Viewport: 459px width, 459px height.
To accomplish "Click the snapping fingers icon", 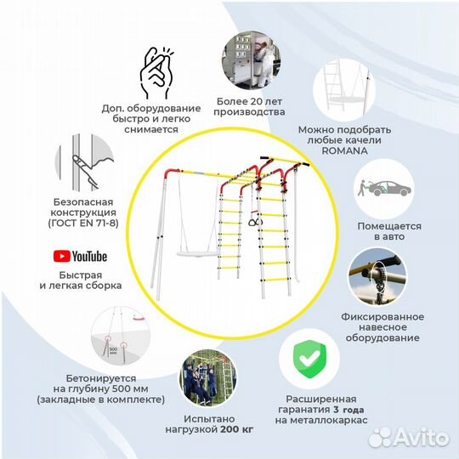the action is point(156,73).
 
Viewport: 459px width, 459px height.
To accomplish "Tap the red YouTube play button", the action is point(62,256).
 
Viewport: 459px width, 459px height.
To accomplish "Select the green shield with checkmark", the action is point(309,359).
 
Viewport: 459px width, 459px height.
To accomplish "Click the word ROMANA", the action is point(344,150).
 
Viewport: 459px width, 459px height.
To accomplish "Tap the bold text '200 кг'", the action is point(236,429).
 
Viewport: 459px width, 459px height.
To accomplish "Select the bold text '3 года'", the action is point(348,410).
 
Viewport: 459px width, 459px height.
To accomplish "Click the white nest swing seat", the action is point(198,254).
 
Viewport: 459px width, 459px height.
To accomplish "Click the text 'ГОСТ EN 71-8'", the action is point(83,223).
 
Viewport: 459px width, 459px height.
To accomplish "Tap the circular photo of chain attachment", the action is point(377,277).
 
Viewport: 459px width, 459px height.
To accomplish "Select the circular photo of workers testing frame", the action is point(208,378).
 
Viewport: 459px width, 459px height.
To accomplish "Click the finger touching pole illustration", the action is point(84,162).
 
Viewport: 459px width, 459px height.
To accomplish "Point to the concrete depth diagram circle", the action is point(121,336).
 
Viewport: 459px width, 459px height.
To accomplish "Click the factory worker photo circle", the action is point(251,60).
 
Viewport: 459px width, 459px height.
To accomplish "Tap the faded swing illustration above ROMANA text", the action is point(344,89).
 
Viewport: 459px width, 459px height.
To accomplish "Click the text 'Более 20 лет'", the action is point(249,102).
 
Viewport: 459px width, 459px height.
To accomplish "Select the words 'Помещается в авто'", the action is point(389,231).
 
